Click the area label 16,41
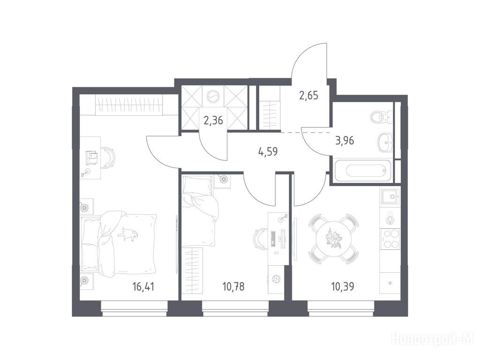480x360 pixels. [143, 287]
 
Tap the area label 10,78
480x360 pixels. [233, 287]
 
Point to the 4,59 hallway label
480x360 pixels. [268, 152]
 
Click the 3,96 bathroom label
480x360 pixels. [345, 141]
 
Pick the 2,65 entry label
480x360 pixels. [308, 96]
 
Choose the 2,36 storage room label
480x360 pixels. [213, 120]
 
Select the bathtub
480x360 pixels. [363, 171]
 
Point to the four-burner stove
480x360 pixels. [390, 239]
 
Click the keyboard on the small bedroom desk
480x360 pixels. [273, 239]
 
